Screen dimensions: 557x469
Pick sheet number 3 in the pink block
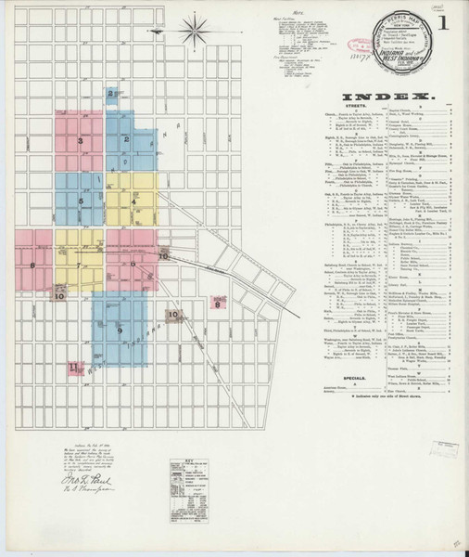tap(82, 141)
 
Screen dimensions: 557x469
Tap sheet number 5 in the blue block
tap(82, 201)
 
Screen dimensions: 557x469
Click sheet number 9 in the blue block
tap(120, 330)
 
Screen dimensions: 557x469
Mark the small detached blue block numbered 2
tap(111, 93)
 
